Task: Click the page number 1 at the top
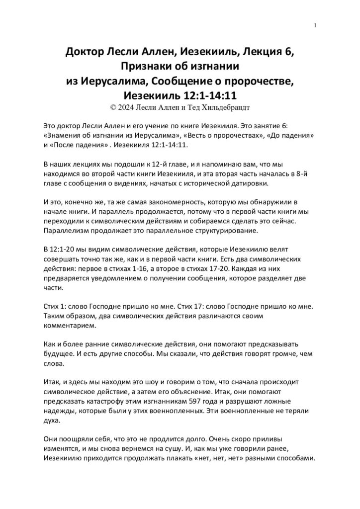coord(316,26)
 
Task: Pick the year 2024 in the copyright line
coord(131,106)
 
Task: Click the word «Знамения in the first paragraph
coord(68,135)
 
